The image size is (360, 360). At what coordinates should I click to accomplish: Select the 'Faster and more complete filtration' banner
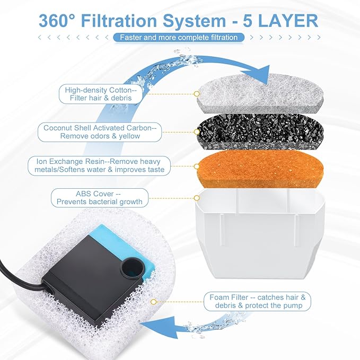[179, 38]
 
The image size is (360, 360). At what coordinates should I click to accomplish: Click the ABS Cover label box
[100, 198]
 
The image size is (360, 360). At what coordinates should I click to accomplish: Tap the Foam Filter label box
[257, 302]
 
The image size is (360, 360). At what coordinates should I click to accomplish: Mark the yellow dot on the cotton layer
[197, 94]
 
